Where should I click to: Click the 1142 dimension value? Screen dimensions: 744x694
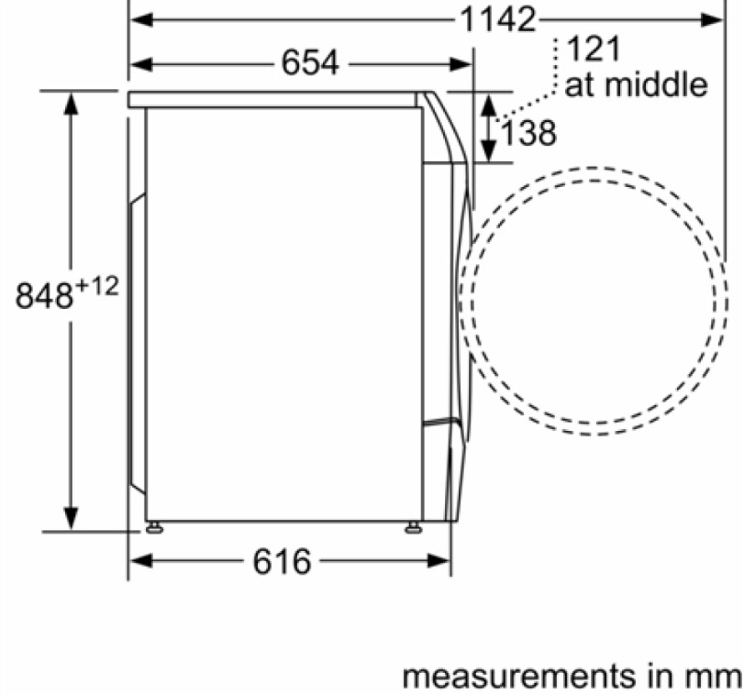(498, 20)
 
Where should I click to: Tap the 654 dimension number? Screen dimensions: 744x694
(310, 62)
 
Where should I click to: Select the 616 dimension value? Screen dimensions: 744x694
(282, 562)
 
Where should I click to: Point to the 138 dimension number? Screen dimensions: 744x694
(528, 133)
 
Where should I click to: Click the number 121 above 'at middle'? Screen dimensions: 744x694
(594, 49)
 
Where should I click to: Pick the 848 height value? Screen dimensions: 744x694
(44, 296)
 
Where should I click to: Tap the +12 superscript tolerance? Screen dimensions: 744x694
(97, 286)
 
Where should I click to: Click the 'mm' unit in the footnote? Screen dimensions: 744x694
(715, 676)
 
